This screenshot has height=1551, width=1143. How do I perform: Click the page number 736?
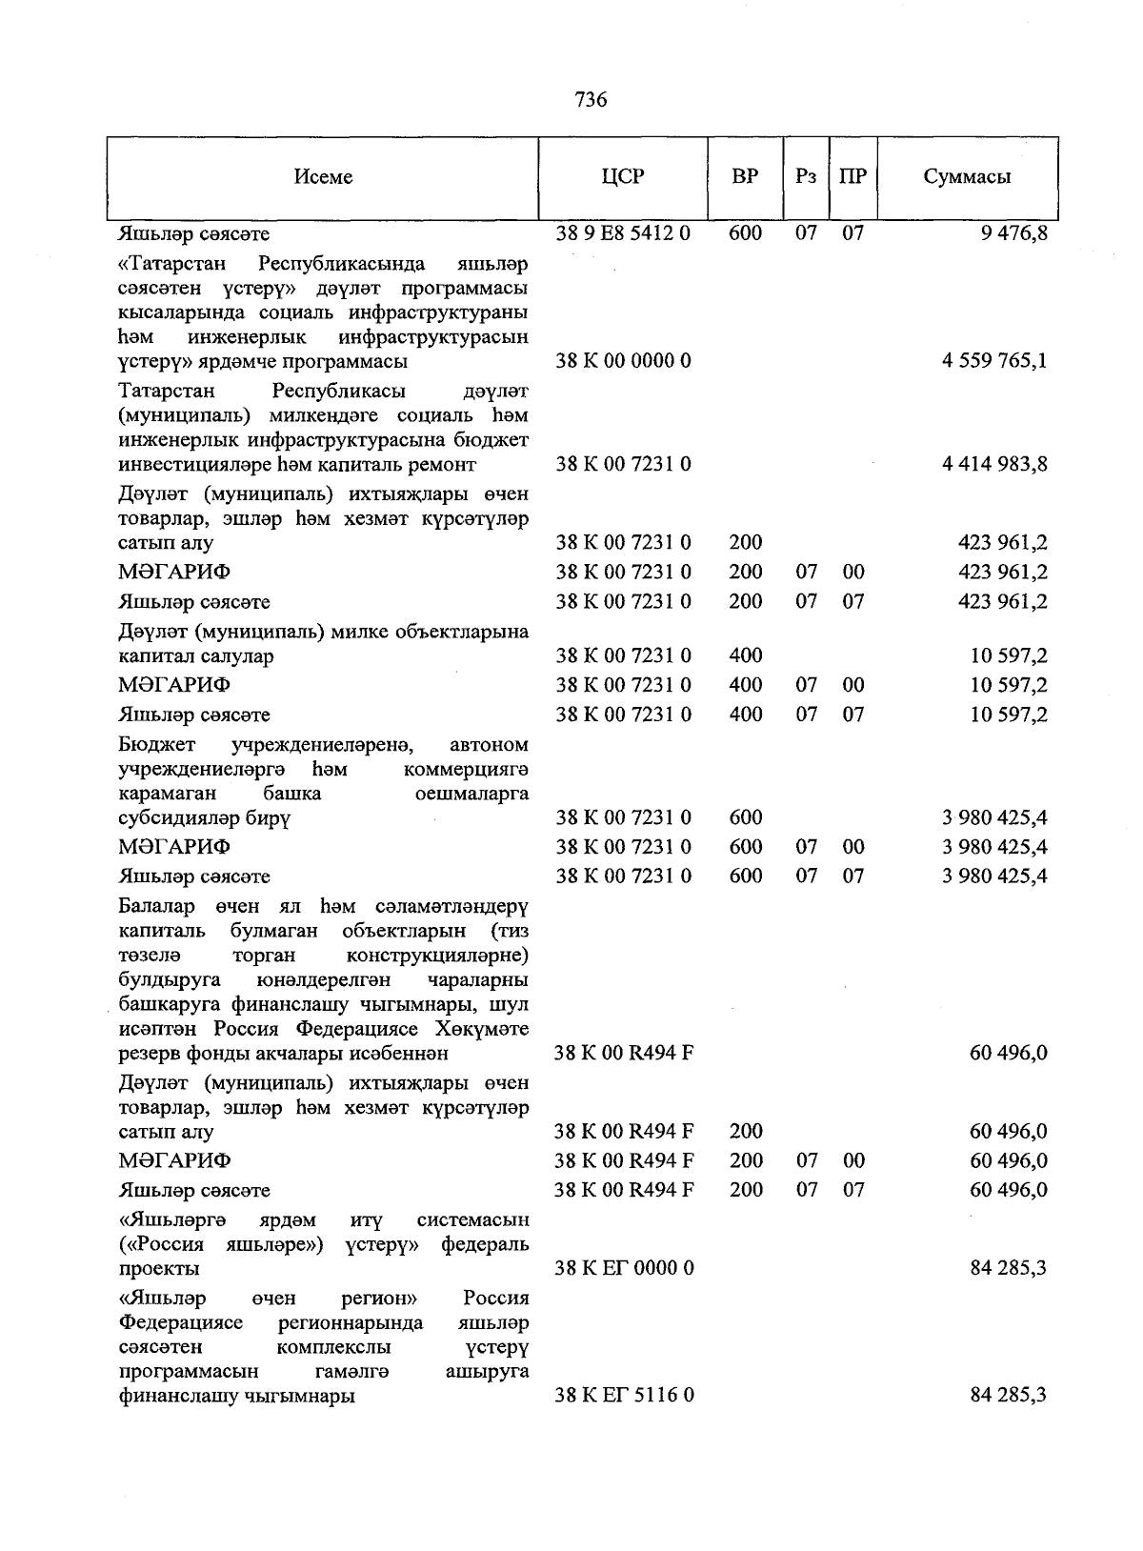591,100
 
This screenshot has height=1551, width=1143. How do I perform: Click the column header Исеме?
323,177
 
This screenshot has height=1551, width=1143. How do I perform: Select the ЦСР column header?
623,177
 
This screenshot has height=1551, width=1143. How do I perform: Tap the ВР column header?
745,177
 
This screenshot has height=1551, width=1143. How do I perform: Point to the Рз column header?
806,177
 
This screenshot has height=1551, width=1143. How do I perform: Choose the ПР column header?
852,177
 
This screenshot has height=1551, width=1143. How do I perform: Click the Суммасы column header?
967,177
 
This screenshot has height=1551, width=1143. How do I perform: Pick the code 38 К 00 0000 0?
623,361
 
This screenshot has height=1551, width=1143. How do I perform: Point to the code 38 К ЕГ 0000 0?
624,1269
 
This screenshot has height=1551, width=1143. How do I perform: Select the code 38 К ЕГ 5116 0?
624,1396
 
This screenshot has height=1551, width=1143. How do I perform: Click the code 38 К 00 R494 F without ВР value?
624,1054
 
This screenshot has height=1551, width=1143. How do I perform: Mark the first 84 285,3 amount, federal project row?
1009,1269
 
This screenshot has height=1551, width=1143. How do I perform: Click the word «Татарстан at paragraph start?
168,263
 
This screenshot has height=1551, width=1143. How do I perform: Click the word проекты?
159,1269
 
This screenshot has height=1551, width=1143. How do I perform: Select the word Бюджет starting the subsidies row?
157,744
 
